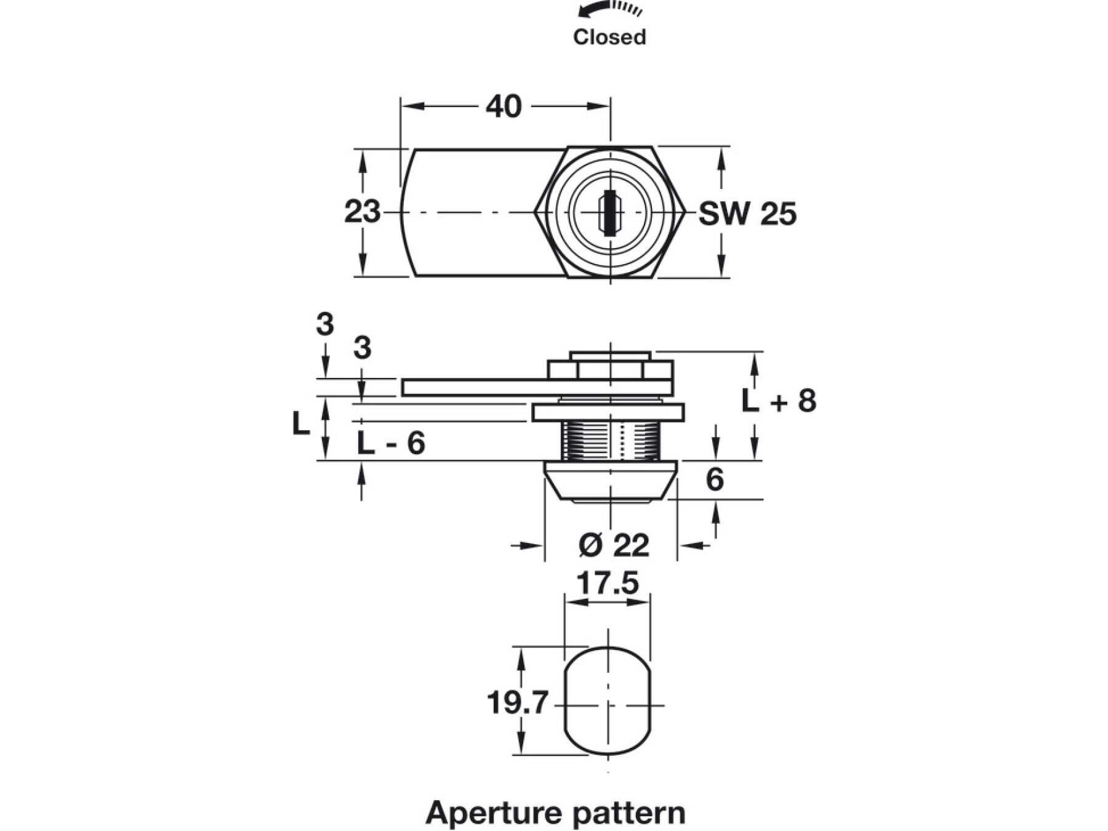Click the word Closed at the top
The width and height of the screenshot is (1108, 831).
[x=609, y=37]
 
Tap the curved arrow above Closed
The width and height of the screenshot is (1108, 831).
[x=609, y=9]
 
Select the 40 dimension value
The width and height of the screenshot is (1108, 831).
[x=504, y=106]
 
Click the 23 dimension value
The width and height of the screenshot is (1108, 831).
[x=362, y=212]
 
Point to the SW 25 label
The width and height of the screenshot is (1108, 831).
[x=747, y=214]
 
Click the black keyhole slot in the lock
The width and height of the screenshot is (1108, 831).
[x=609, y=213]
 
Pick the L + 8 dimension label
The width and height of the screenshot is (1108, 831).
[x=779, y=401]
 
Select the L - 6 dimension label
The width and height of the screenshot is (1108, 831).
[x=391, y=443]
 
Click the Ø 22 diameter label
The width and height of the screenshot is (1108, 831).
[x=614, y=545]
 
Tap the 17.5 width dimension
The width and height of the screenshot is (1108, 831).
[x=607, y=584]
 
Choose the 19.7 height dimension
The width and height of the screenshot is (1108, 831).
[x=517, y=702]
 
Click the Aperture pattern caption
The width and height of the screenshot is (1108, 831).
[x=555, y=813]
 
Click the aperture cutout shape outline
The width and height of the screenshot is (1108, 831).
[x=566, y=702]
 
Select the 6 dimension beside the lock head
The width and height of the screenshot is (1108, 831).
[x=715, y=480]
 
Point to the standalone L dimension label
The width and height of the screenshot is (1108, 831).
[x=300, y=424]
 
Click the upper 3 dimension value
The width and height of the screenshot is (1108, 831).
[x=325, y=324]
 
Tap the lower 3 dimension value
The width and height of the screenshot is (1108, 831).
[x=362, y=348]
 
